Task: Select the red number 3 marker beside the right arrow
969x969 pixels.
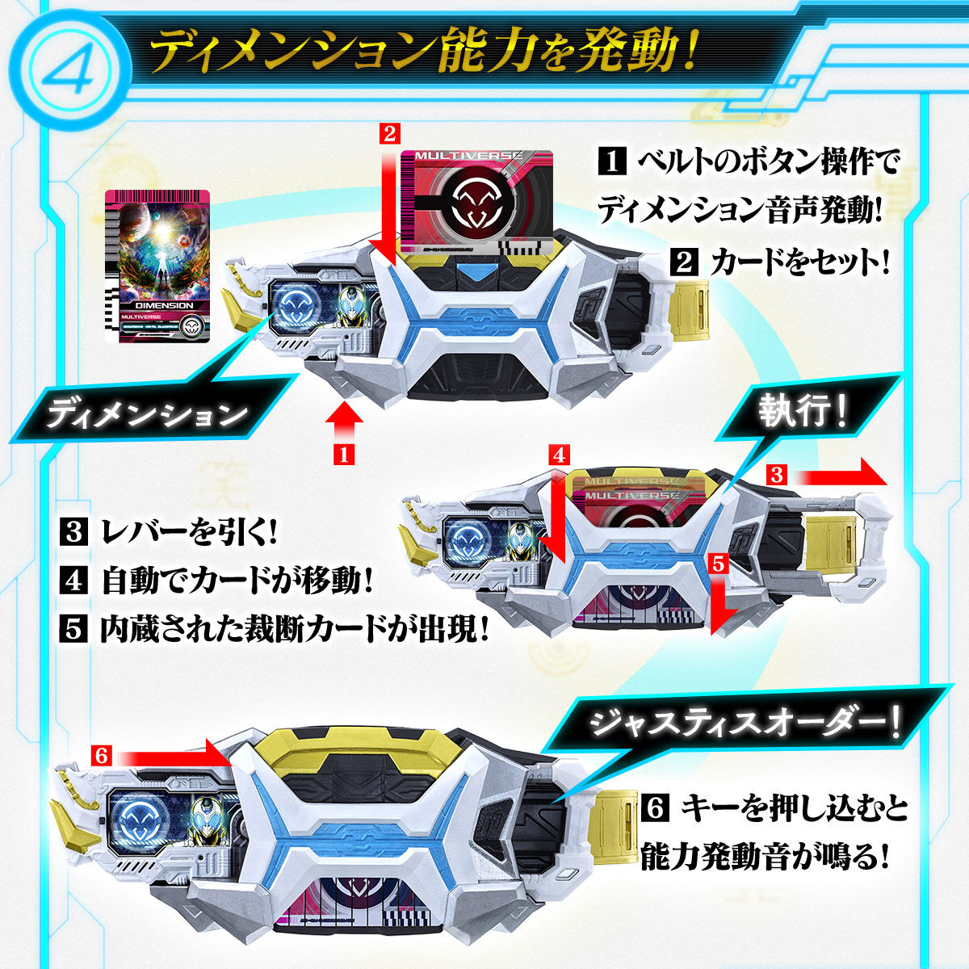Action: (x=776, y=475)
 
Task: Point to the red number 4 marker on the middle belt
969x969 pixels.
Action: (x=559, y=455)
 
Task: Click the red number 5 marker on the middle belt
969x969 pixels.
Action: (x=719, y=563)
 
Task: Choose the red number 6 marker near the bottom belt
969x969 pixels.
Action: (x=101, y=755)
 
